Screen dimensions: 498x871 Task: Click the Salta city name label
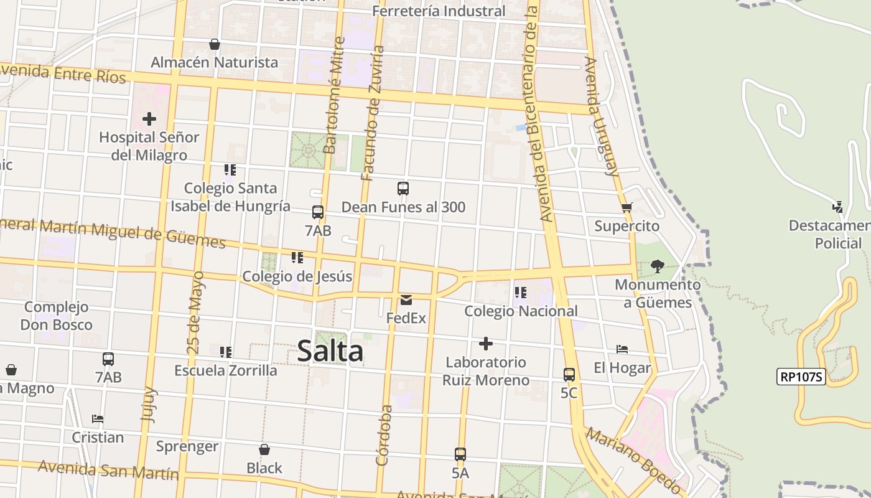tap(330, 351)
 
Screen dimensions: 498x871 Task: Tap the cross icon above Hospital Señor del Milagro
tap(149, 118)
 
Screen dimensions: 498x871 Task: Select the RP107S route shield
tap(801, 376)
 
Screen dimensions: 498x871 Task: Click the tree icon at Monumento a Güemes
tap(658, 266)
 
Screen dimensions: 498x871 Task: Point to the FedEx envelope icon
tap(406, 300)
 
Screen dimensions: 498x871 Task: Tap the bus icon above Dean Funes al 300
tap(403, 189)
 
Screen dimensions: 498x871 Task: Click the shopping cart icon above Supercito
tap(626, 208)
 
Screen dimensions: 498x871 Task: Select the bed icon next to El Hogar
tap(622, 349)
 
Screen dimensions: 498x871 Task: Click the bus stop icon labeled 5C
tap(569, 375)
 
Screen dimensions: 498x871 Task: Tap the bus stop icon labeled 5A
tap(460, 454)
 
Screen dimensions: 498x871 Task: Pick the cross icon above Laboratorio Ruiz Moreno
tap(486, 344)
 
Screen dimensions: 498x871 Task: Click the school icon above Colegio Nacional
tap(521, 292)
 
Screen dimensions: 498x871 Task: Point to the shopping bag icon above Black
tap(264, 449)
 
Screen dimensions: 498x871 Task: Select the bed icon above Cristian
tap(98, 419)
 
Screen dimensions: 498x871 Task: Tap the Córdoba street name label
tap(384, 436)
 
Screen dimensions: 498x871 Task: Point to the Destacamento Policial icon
tap(838, 207)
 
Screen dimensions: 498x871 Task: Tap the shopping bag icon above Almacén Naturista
tap(215, 44)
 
